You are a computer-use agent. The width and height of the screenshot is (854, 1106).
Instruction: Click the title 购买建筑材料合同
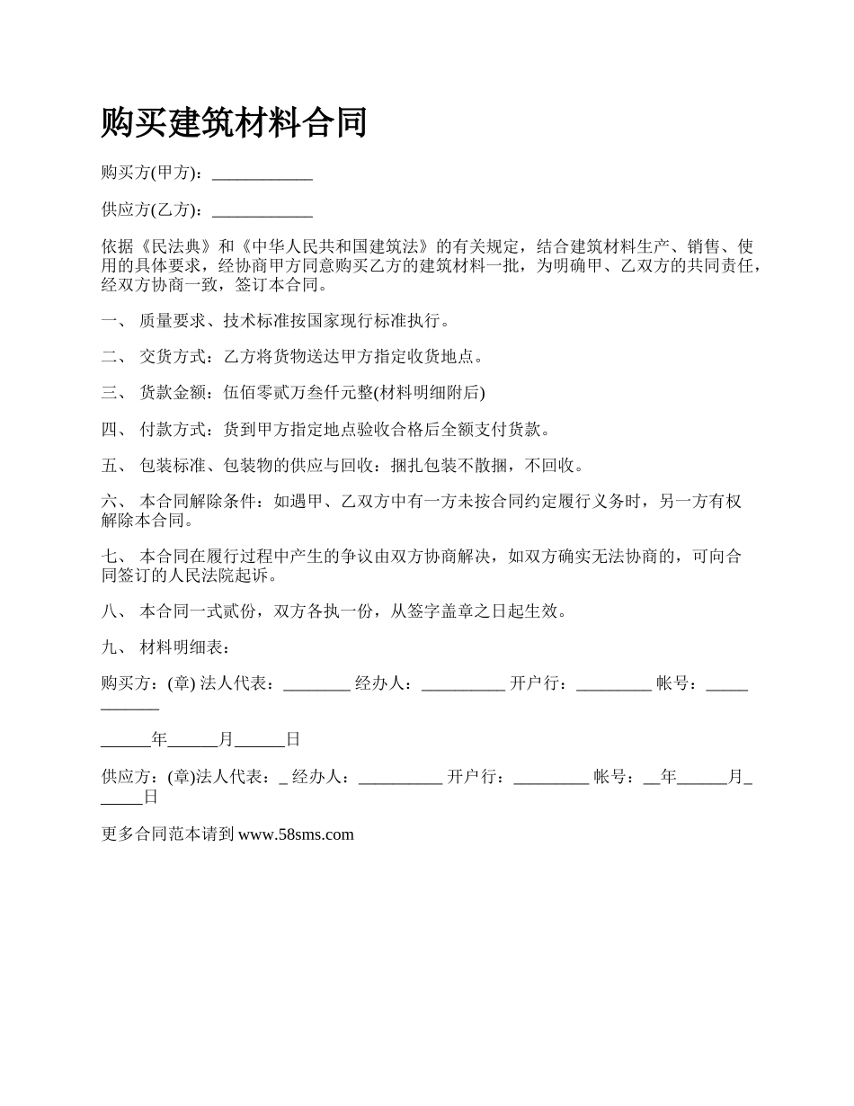[x=234, y=122]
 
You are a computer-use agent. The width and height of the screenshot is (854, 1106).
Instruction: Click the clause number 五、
[x=113, y=466]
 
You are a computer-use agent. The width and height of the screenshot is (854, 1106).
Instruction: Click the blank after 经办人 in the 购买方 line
[x=463, y=685]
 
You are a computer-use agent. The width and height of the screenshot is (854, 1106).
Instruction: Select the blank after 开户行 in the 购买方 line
[x=613, y=685]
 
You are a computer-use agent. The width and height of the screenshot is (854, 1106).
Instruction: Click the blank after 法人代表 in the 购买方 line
[x=316, y=685]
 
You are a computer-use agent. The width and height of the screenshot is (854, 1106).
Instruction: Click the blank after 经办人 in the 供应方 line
[x=400, y=778]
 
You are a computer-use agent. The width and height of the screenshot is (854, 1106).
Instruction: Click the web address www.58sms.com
[x=296, y=834]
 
